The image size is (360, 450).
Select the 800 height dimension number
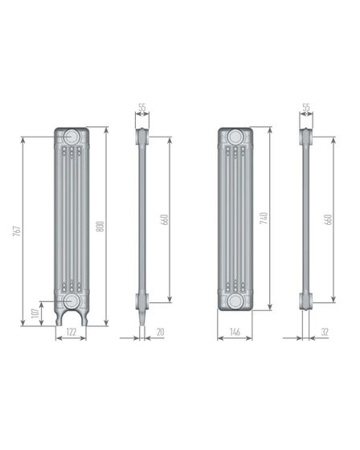coord(101,227)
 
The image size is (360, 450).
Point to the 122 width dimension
coord(71,331)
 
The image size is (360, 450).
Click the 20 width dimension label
coord(162,331)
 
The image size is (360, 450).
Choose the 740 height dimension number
coord(264,218)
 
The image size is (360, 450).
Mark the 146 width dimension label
coord(235,331)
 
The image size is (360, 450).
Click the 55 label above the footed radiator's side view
coord(142,107)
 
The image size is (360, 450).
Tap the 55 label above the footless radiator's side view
coord(306,107)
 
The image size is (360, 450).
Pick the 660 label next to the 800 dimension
coord(164,219)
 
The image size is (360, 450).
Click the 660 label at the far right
coord(328,219)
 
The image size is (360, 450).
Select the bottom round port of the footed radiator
coord(71,301)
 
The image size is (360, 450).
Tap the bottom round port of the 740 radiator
coord(235,301)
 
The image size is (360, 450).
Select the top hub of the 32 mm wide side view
coord(306,137)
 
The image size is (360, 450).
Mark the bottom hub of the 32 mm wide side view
coord(306,301)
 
